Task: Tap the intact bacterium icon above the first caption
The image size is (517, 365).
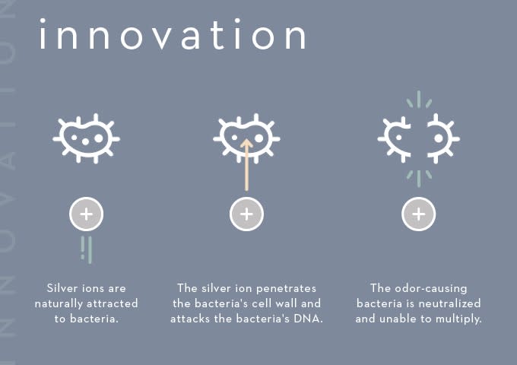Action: click(x=87, y=138)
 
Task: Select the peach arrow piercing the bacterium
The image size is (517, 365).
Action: click(x=246, y=164)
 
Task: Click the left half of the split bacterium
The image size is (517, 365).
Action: click(x=395, y=139)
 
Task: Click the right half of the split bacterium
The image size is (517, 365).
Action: click(x=443, y=138)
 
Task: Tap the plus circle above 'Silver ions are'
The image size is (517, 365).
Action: click(x=87, y=214)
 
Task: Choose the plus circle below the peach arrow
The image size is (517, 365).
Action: click(x=246, y=214)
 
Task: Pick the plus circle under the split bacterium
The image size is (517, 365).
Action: click(x=419, y=214)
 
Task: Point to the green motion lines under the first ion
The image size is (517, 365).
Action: click(x=87, y=250)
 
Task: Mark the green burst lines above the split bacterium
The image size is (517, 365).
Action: click(x=419, y=100)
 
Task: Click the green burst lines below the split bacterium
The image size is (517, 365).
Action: click(x=419, y=179)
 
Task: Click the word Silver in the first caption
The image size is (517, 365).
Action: click(x=60, y=288)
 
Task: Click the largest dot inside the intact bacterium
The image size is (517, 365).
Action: click(x=99, y=138)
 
